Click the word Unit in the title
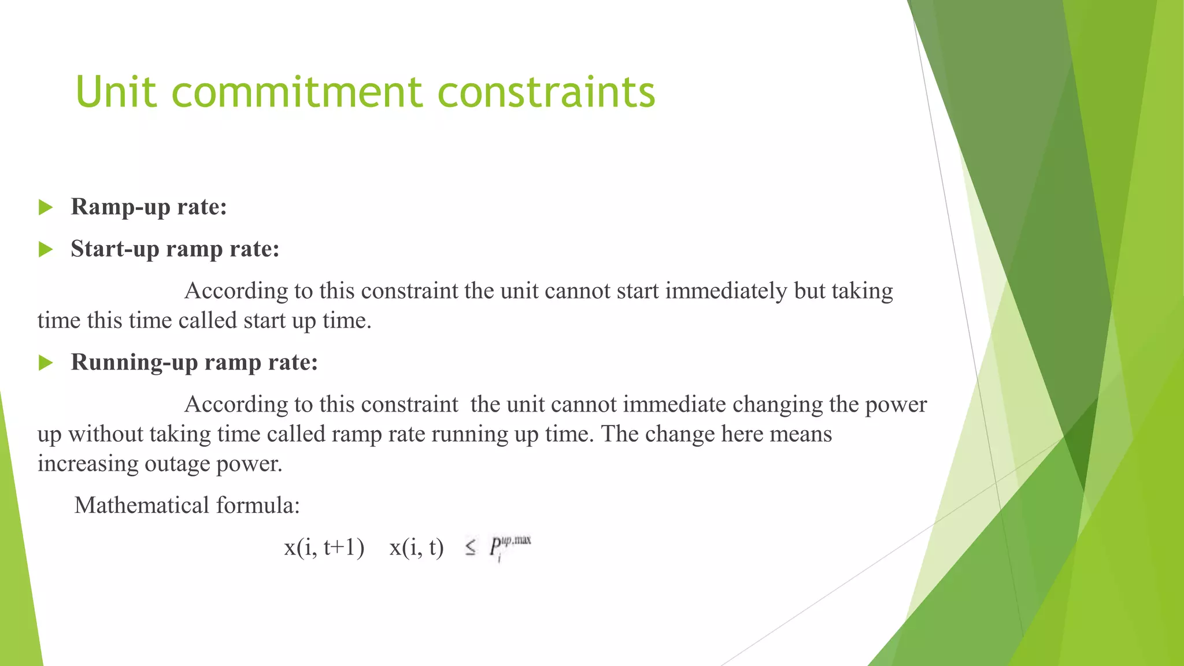(116, 92)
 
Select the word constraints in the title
(546, 92)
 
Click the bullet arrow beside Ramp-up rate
(46, 207)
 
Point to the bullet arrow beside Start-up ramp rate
(46, 250)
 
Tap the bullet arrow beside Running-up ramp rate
(46, 363)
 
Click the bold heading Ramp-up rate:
(149, 207)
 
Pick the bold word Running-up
(134, 362)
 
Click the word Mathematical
(142, 505)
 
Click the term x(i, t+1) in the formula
(324, 547)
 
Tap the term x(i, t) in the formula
(416, 547)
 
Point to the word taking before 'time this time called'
(862, 291)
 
